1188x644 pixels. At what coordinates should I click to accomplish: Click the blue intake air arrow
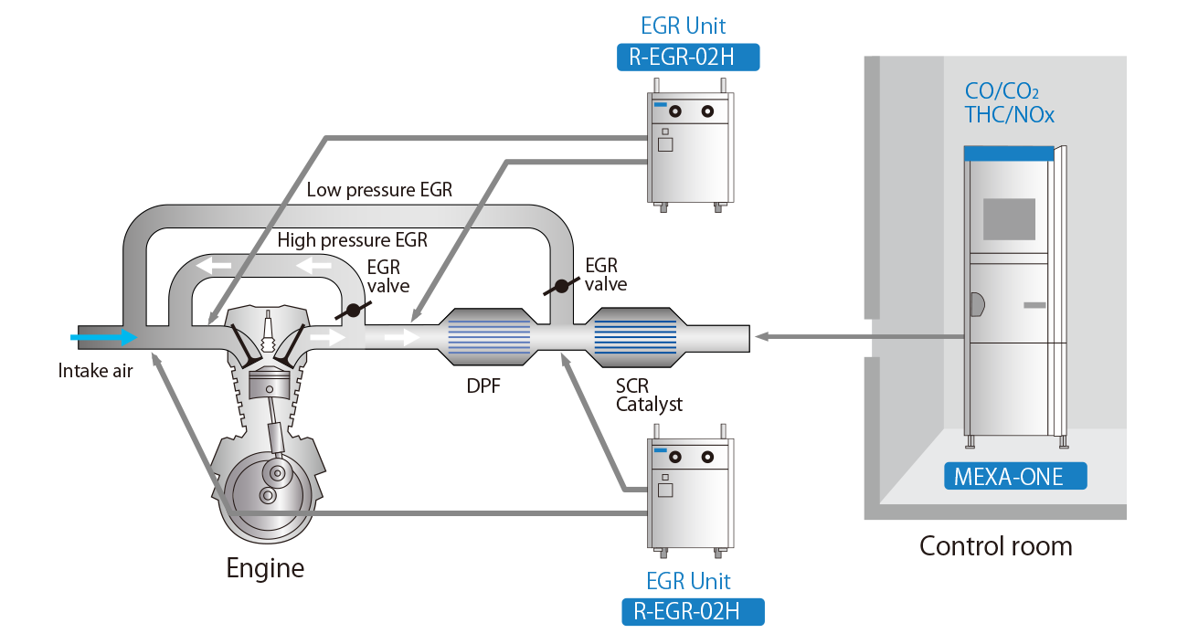coord(103,337)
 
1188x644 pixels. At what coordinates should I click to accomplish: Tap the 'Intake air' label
coord(96,371)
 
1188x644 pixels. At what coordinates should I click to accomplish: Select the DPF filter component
coord(489,337)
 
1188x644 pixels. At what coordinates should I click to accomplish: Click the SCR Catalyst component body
coord(635,337)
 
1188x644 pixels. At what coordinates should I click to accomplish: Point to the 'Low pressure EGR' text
coord(379,190)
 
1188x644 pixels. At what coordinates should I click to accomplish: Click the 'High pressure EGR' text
coord(352,240)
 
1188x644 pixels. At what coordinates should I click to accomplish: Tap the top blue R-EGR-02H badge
coord(688,58)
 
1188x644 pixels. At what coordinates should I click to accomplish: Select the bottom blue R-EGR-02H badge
coord(692,611)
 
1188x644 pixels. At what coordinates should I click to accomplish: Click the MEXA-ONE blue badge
coord(1015,475)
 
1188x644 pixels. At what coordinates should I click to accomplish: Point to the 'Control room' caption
coord(995,546)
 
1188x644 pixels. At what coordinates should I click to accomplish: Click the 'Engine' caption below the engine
coord(265,568)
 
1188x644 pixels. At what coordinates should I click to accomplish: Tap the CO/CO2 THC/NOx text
coord(1009,102)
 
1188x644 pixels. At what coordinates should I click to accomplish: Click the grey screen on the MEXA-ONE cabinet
coord(1009,219)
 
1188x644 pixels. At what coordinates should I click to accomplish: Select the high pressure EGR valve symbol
coord(350,311)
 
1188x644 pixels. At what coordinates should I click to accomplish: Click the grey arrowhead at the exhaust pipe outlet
coord(762,337)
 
